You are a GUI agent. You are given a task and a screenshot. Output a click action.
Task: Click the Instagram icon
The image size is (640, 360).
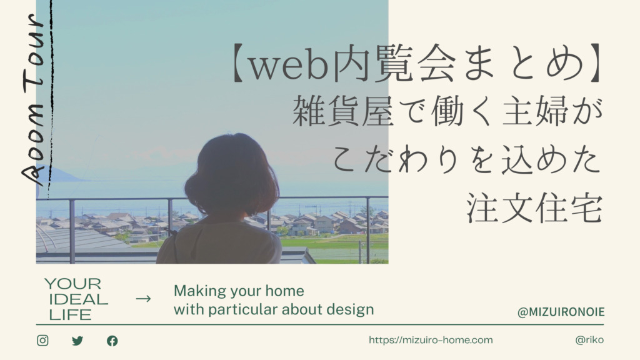click(x=42, y=341)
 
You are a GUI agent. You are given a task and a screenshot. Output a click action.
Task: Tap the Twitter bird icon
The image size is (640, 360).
click(x=77, y=341)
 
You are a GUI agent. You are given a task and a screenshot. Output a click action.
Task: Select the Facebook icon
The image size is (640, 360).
click(x=112, y=341)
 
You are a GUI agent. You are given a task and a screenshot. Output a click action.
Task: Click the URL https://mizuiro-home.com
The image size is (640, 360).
click(x=431, y=340)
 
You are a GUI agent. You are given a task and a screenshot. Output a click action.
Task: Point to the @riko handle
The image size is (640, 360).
click(x=589, y=340)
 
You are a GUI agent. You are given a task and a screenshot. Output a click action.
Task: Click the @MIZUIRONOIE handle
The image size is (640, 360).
click(x=561, y=312)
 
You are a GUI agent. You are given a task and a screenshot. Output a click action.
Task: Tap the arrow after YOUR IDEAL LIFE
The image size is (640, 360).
click(x=143, y=299)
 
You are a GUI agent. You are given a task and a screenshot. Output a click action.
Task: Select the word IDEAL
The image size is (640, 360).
click(x=78, y=299)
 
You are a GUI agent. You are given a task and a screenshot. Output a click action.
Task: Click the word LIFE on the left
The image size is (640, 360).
click(x=70, y=315)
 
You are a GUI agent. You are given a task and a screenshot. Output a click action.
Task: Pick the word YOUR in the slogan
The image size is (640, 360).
click(x=72, y=284)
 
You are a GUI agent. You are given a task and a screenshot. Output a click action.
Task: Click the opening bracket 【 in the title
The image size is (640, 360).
click(x=239, y=62)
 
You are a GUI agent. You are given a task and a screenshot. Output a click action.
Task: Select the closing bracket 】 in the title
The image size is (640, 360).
click(x=595, y=62)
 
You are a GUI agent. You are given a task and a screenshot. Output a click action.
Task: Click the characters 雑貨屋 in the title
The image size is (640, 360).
click(x=344, y=111)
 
